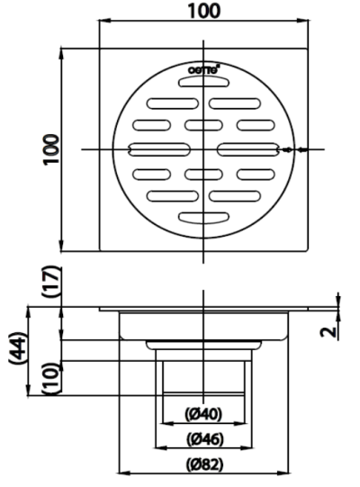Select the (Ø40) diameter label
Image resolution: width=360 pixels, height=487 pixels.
(x=203, y=415)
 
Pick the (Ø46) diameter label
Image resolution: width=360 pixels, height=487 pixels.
(x=203, y=440)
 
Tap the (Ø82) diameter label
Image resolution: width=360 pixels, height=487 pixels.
(x=203, y=465)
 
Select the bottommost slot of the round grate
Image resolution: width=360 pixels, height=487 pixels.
(x=203, y=217)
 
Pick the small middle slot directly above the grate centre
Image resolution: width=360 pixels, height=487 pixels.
(x=205, y=124)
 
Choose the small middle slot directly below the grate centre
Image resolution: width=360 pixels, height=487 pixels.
(x=205, y=173)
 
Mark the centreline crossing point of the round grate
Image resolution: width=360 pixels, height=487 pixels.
(x=205, y=149)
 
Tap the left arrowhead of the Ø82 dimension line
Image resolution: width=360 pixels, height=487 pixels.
(x=123, y=473)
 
